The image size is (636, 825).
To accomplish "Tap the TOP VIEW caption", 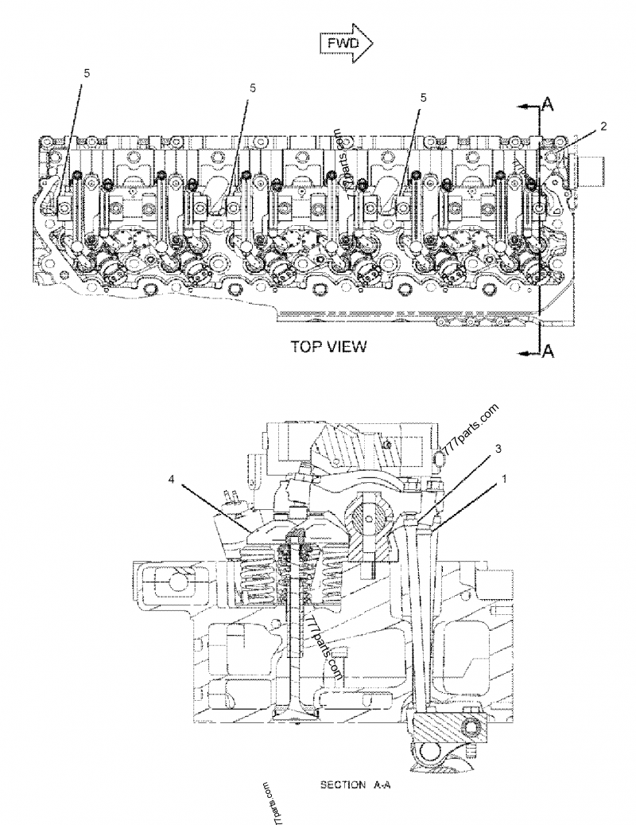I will (329, 346).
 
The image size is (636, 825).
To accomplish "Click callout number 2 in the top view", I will (604, 126).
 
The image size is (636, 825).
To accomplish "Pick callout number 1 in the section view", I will (503, 479).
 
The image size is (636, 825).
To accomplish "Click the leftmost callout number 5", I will (87, 72).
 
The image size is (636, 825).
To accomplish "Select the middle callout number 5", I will (253, 88).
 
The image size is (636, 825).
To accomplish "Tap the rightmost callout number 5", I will (424, 96).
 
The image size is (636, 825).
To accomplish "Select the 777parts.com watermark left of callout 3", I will (469, 434).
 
